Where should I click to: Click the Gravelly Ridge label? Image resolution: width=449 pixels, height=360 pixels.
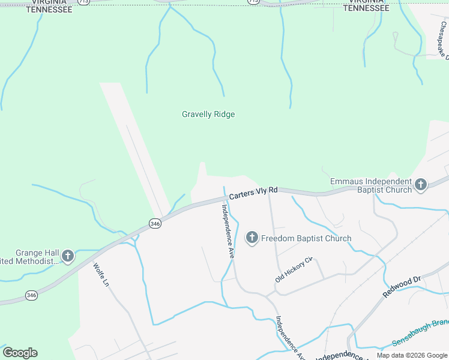(208, 114)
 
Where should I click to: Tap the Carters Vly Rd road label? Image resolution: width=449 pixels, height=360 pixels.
(253, 192)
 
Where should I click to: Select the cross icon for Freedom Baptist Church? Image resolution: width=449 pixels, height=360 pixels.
(252, 239)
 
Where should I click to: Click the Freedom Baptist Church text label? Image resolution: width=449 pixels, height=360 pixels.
(306, 239)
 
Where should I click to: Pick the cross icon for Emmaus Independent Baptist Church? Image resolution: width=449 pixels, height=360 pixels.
(420, 185)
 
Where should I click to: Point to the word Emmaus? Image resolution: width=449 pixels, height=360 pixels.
(345, 182)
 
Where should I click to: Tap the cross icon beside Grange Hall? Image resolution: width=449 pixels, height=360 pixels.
(68, 257)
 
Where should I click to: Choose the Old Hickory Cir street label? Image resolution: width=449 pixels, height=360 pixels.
(295, 271)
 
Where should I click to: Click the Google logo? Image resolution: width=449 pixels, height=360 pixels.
(20, 353)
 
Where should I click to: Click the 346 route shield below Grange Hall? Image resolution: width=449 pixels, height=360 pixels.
(32, 295)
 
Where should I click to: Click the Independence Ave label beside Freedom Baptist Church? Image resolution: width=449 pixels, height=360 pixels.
(228, 231)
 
